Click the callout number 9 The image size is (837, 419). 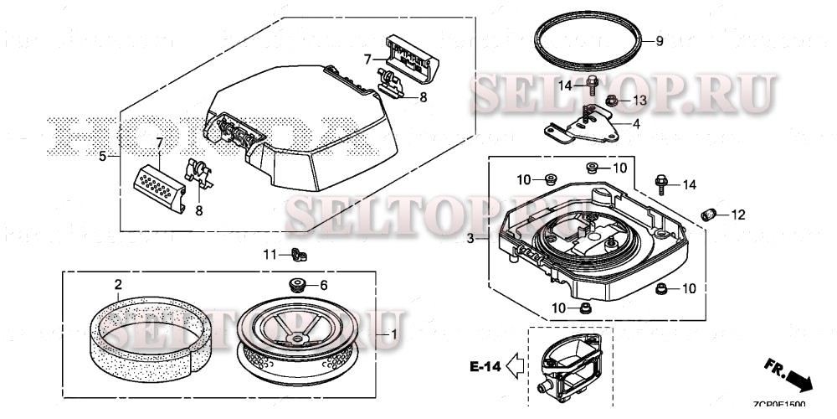pyautogui.click(x=659, y=42)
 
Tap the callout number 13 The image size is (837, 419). pyautogui.click(x=639, y=101)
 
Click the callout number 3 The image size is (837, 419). pyautogui.click(x=470, y=239)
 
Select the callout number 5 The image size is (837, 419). pyautogui.click(x=103, y=156)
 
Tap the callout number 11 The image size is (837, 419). pyautogui.click(x=270, y=254)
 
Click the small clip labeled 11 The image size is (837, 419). pyautogui.click(x=296, y=255)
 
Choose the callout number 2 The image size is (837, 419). pyautogui.click(x=118, y=285)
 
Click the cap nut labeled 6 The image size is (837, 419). pyautogui.click(x=296, y=282)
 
